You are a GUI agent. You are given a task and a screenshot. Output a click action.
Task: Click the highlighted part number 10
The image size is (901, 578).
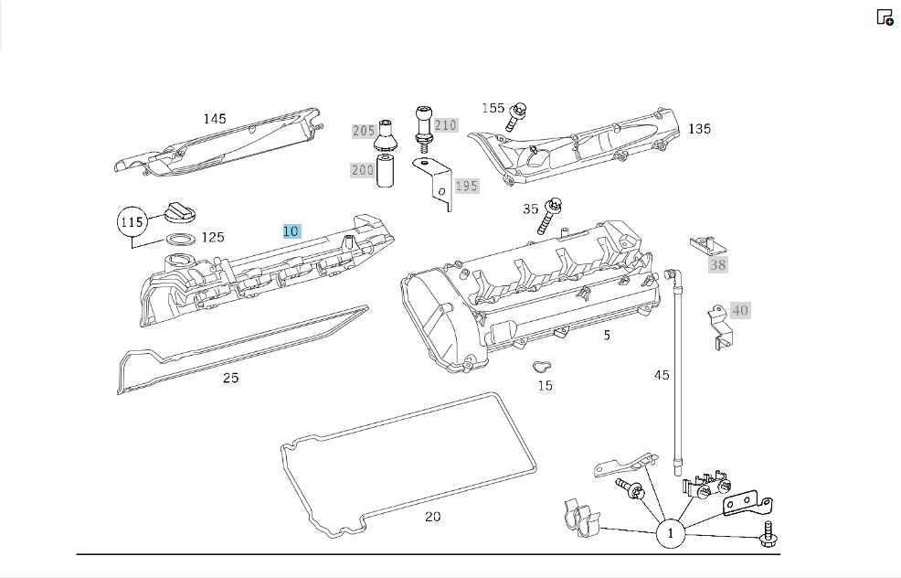pyautogui.click(x=291, y=231)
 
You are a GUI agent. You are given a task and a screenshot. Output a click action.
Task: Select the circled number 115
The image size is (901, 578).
pyautogui.click(x=132, y=222)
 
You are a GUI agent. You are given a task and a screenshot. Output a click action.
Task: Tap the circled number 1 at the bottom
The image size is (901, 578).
pyautogui.click(x=670, y=533)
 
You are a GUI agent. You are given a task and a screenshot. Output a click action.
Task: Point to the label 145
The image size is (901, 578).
pyautogui.click(x=215, y=119)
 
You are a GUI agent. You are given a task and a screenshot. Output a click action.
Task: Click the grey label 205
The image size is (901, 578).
pyautogui.click(x=364, y=131)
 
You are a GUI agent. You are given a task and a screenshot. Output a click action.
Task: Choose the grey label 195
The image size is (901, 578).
pyautogui.click(x=467, y=186)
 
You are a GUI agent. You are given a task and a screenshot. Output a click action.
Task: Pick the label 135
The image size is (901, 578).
pyautogui.click(x=699, y=129)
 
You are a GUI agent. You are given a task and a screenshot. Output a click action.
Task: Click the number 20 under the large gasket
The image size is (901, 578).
pyautogui.click(x=433, y=517)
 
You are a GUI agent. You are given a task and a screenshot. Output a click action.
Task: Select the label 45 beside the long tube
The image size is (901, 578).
pyautogui.click(x=662, y=375)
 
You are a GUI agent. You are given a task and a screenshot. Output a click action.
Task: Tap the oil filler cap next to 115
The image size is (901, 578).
pyautogui.click(x=180, y=213)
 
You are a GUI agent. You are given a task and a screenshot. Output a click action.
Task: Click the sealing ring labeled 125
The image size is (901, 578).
pyautogui.click(x=180, y=238)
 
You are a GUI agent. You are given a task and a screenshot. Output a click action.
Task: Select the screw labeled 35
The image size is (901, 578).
pyautogui.click(x=549, y=216)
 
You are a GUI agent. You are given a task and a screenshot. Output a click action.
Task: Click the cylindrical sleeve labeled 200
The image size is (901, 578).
pyautogui.click(x=385, y=170)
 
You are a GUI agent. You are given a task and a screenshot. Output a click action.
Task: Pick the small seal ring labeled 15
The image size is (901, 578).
pyautogui.click(x=541, y=367)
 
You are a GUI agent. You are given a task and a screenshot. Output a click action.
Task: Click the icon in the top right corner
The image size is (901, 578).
pyautogui.click(x=885, y=17)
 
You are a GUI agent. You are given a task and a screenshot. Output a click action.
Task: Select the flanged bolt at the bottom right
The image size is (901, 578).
pyautogui.click(x=768, y=534)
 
